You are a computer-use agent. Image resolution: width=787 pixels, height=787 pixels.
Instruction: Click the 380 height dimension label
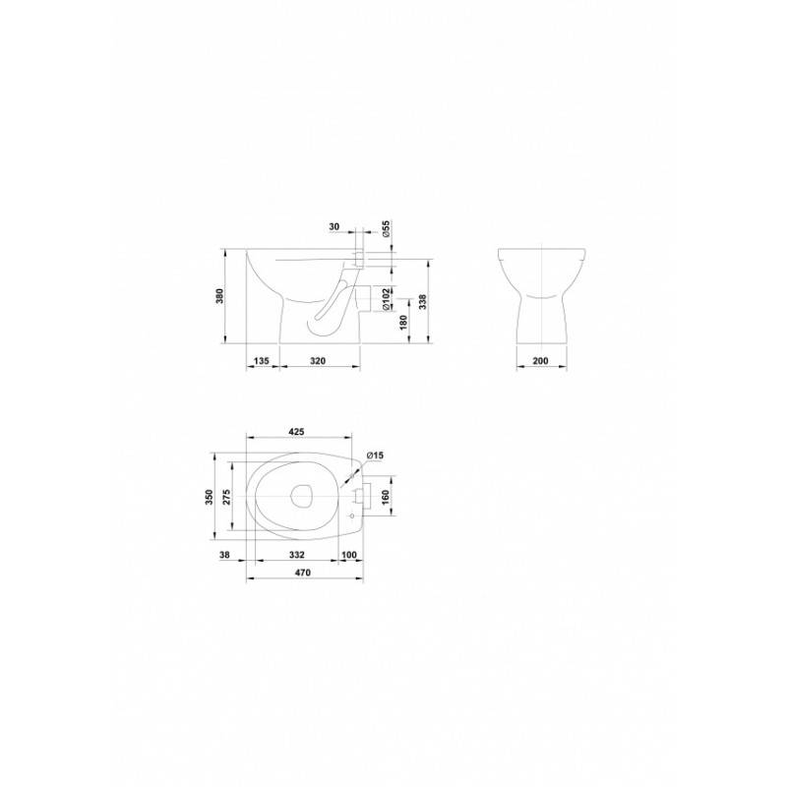coord(219,296)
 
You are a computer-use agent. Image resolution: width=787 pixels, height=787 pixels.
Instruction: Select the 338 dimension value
coord(423,301)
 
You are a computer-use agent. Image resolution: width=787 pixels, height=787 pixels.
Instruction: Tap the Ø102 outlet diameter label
coord(387,298)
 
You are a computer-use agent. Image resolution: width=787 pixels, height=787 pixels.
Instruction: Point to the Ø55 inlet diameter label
coord(387,228)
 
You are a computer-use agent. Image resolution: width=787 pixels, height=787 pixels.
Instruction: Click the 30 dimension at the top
coord(334,226)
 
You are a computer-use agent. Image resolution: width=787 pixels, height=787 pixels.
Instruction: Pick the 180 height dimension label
coord(403,323)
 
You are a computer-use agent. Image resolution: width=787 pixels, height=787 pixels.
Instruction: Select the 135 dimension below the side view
coord(262,360)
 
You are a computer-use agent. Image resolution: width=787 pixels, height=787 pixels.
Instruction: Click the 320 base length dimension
coord(318,360)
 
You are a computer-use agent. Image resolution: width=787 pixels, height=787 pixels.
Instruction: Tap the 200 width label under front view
coord(540,360)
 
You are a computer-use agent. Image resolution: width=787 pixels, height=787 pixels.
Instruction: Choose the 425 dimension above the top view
coord(296,432)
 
